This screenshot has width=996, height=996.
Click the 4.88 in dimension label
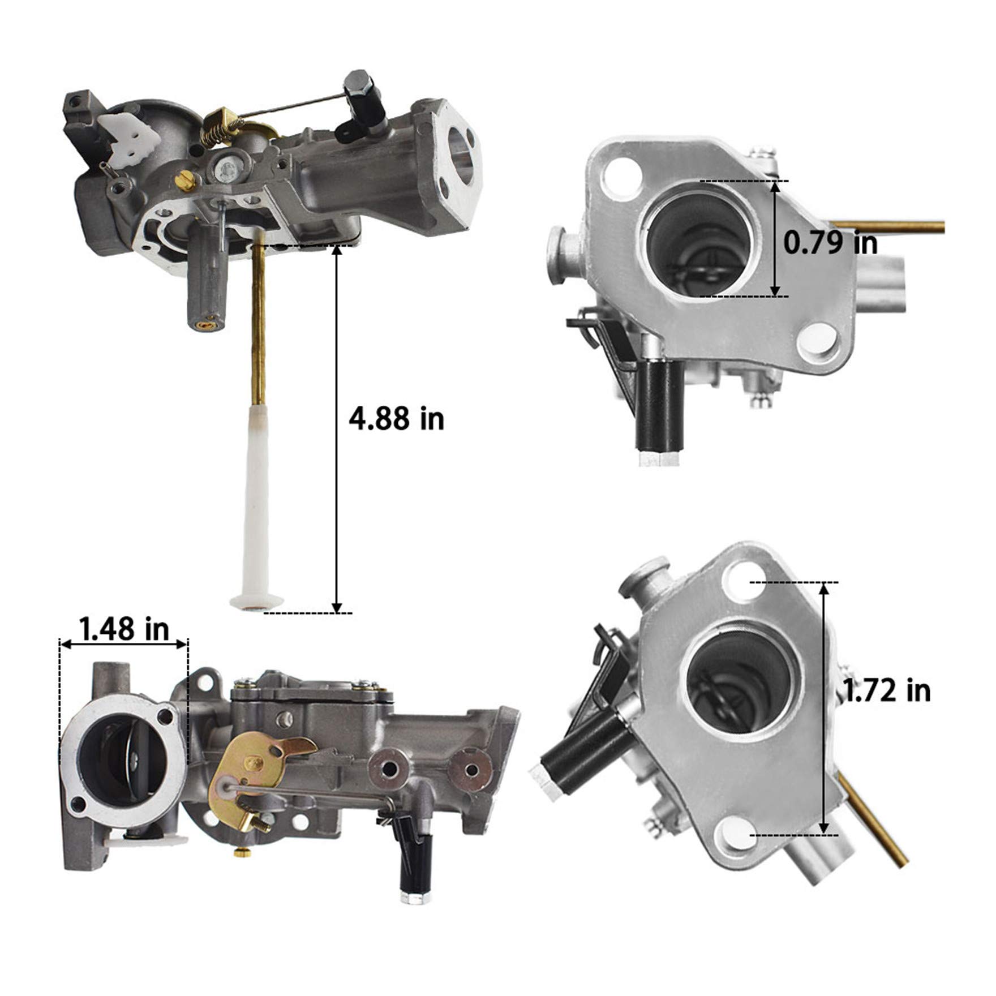pos(396,420)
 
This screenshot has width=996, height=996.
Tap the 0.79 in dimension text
pos(831,243)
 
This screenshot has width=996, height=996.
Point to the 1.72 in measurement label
pos(887,690)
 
